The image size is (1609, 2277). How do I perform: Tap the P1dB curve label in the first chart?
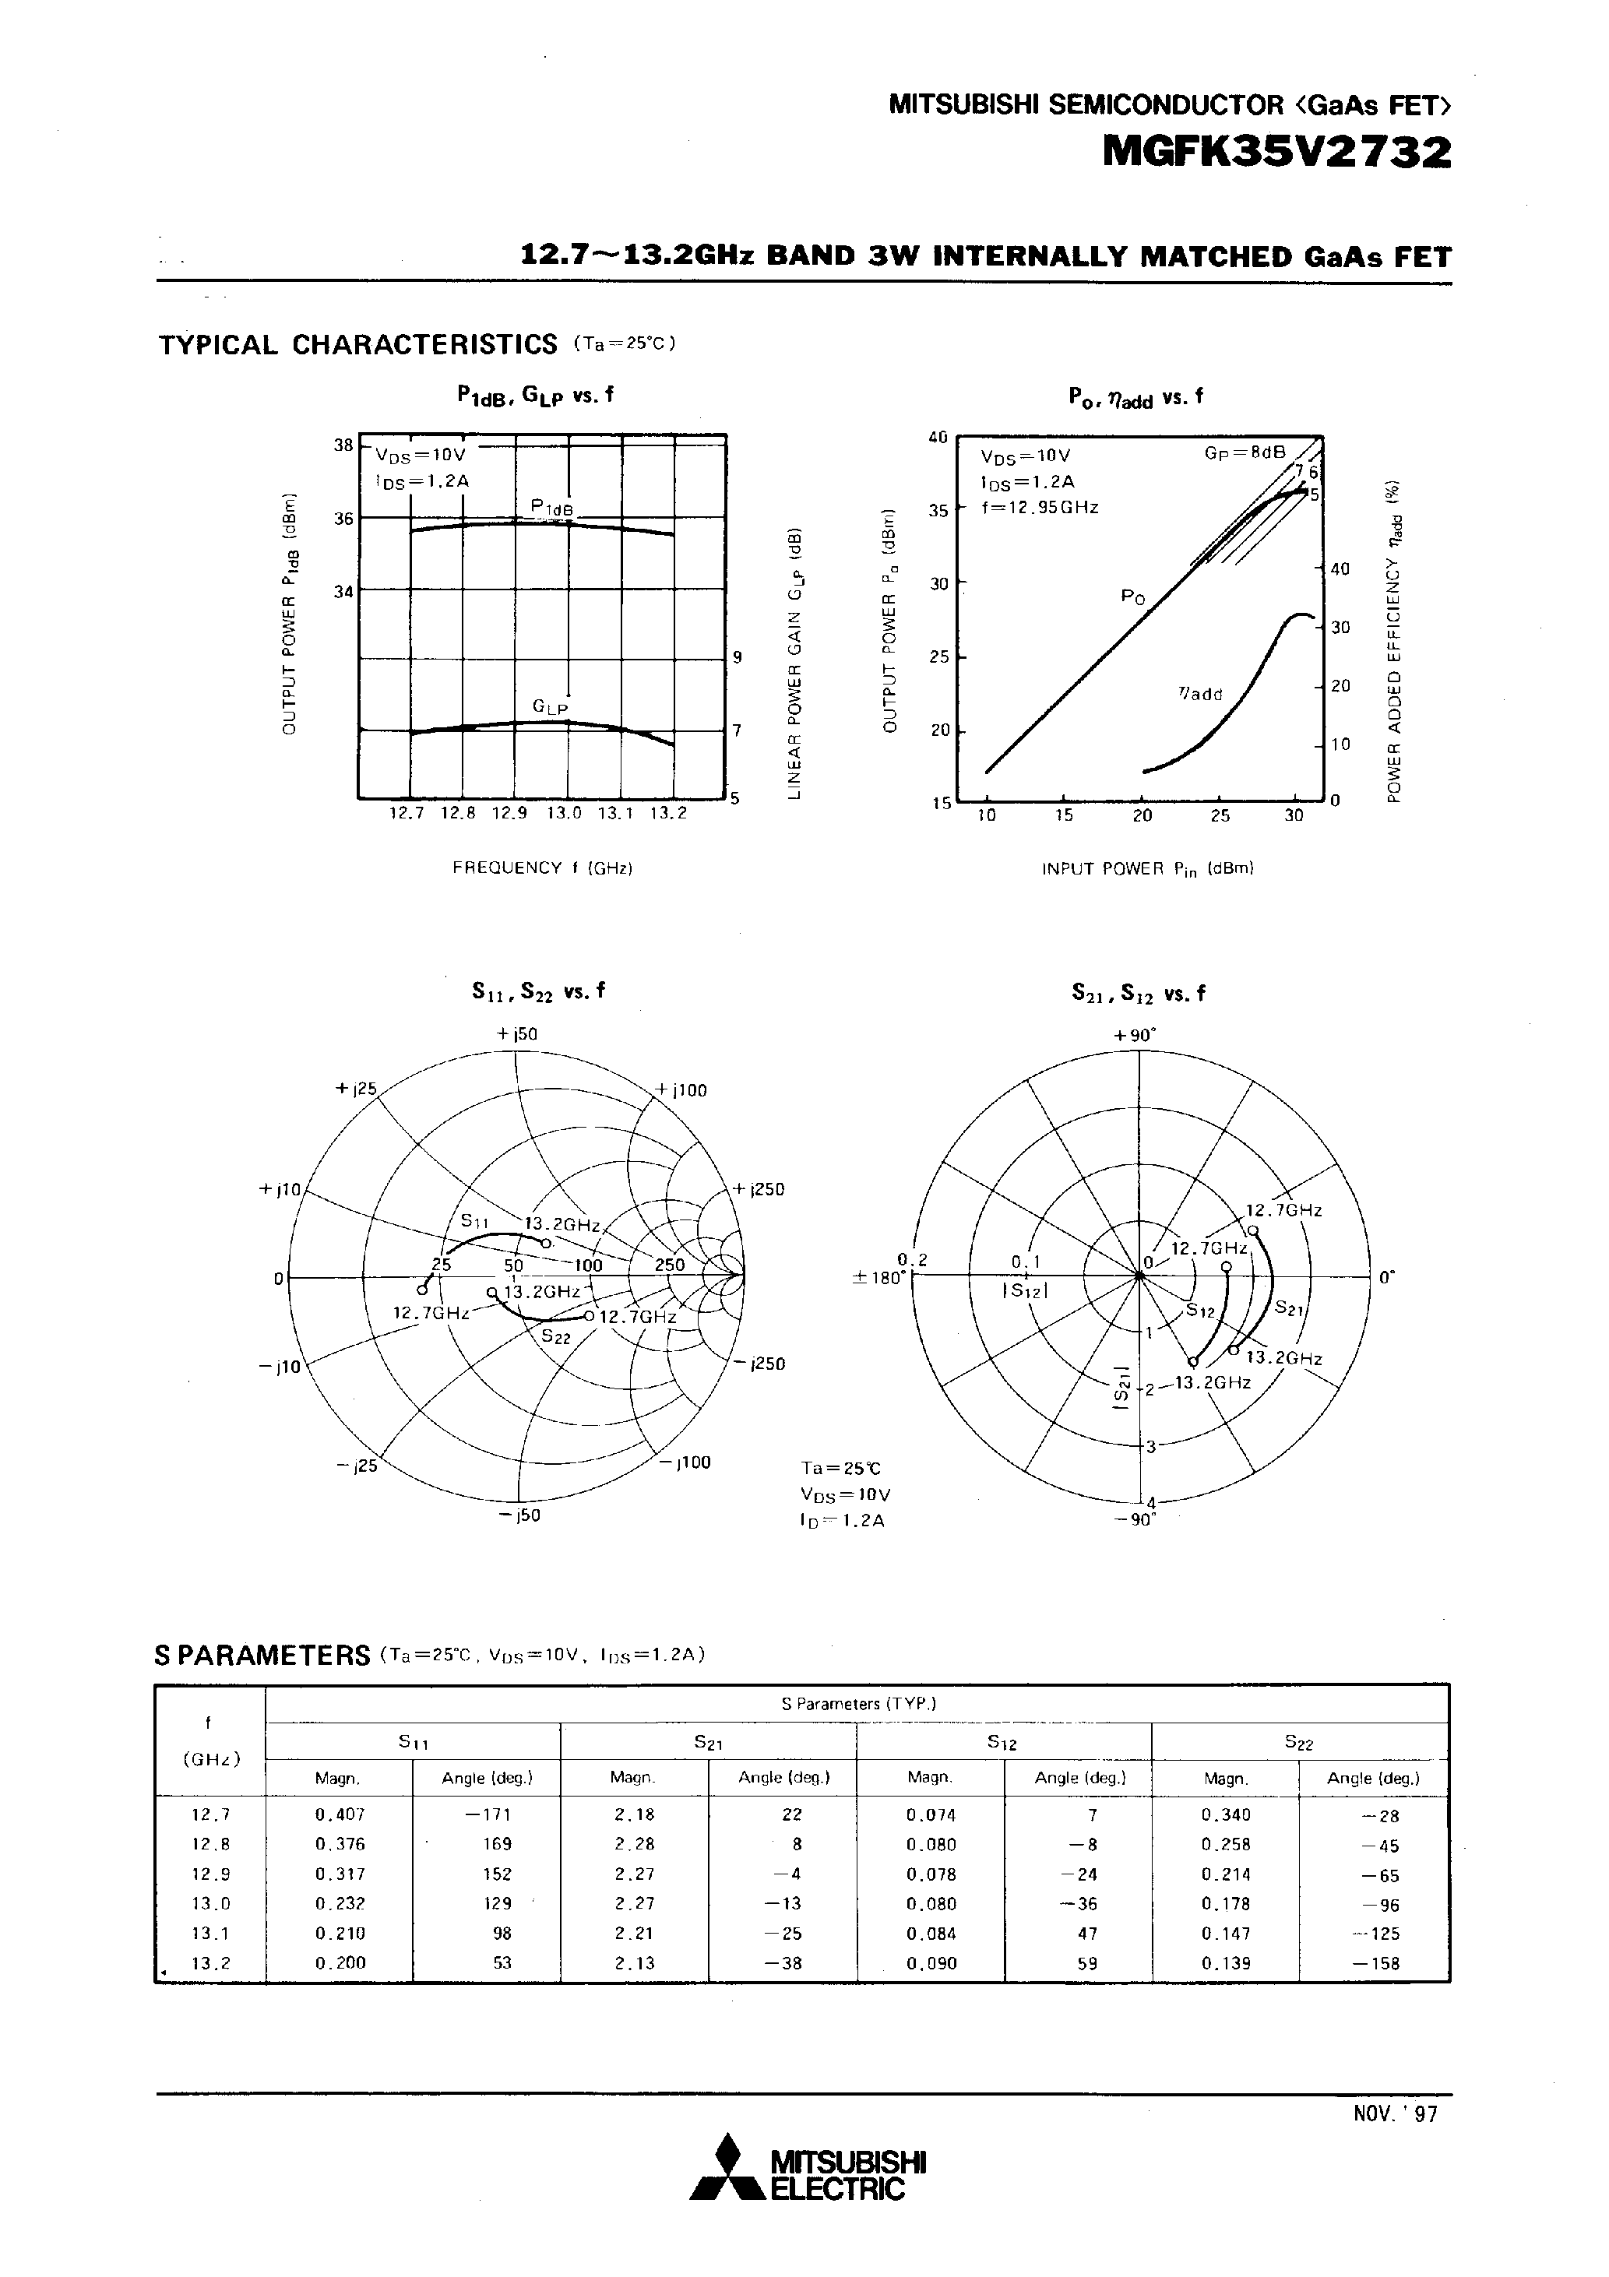[x=551, y=508]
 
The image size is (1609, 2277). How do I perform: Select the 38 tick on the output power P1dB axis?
[x=343, y=445]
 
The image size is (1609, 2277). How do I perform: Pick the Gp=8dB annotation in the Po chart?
[x=1244, y=452]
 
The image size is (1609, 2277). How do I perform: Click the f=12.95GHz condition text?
[x=1039, y=508]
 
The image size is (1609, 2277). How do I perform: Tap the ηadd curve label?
[x=1199, y=693]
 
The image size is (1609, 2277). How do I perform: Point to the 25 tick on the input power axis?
[x=1219, y=815]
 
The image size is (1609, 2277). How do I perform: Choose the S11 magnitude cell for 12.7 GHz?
[x=340, y=1815]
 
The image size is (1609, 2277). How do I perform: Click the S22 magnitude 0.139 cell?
[x=1225, y=1962]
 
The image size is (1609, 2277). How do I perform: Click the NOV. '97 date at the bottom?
[x=1395, y=2113]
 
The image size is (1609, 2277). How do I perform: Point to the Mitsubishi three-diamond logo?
[x=728, y=2167]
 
